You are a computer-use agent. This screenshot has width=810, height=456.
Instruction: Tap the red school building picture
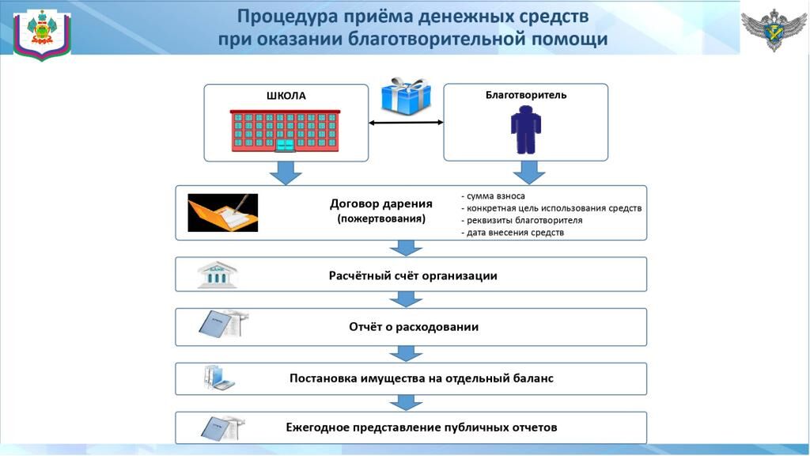(285, 131)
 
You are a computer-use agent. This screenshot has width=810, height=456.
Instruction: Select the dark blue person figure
(526, 130)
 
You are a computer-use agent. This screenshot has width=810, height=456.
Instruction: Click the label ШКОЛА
(286, 96)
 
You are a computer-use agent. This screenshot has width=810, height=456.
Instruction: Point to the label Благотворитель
(526, 95)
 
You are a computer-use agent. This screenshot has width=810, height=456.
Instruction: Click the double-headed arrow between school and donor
(406, 123)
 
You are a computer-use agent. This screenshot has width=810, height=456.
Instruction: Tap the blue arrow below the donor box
(528, 173)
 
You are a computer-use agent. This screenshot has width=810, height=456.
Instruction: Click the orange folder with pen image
(222, 212)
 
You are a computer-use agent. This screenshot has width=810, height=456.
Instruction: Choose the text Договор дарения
(381, 203)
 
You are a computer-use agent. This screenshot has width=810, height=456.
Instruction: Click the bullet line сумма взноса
(493, 196)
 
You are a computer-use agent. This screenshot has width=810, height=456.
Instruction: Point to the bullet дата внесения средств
(513, 233)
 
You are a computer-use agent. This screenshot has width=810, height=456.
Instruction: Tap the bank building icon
(217, 275)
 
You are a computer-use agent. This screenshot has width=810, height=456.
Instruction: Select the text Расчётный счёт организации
(413, 275)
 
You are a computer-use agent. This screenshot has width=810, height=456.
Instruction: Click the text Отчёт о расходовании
(414, 327)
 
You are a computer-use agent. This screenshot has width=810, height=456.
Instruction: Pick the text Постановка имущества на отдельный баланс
(422, 378)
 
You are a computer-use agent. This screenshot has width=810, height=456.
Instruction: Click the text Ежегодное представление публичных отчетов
(422, 427)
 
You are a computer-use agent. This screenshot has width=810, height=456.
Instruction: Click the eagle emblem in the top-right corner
(774, 29)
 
